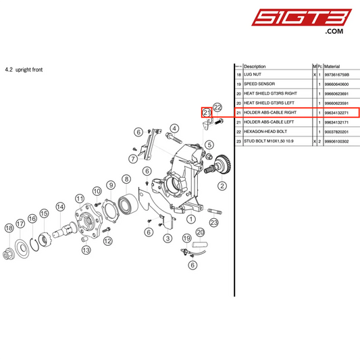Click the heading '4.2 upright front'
tap(24, 70)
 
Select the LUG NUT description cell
tap(255, 75)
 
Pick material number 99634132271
tap(340, 112)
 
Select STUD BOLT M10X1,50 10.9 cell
tap(273, 140)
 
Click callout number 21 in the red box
tap(207, 112)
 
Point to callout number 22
tap(217, 107)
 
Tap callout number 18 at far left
tap(9, 228)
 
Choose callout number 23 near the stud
tap(214, 222)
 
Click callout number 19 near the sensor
tap(186, 238)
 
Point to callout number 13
tap(86, 249)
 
